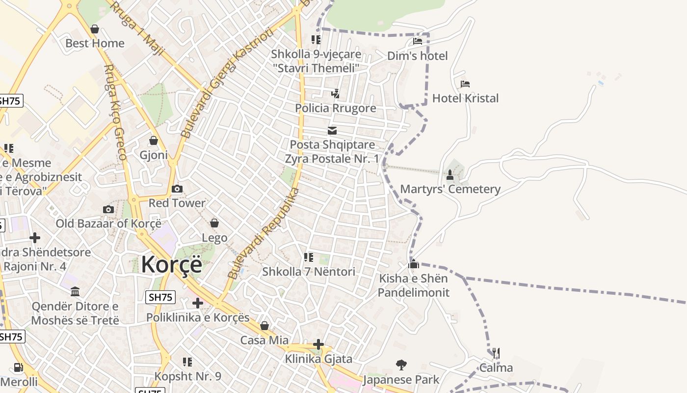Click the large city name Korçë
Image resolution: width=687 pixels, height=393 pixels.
171,265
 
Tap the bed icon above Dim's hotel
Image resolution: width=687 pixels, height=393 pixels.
418,41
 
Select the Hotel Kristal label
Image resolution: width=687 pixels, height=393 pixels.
465,98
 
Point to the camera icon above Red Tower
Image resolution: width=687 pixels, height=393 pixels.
177,189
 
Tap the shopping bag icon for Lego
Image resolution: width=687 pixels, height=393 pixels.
214,224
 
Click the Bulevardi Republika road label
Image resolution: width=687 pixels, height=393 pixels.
264,233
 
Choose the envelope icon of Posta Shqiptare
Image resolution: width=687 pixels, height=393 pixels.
332,131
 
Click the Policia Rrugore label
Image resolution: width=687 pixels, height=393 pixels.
336,108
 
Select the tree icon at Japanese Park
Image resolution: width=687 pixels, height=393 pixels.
401,365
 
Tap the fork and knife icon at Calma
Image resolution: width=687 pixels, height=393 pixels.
496,353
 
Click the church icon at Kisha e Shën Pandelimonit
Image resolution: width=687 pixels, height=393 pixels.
414,264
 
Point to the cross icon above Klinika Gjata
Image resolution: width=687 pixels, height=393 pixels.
318,344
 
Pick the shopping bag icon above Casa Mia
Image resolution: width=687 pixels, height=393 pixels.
264,326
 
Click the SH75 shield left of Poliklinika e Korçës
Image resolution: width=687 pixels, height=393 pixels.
160,297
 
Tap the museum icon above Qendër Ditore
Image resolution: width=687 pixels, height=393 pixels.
75,292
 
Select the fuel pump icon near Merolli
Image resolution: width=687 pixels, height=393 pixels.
18,367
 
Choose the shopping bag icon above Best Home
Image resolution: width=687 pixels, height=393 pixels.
95,29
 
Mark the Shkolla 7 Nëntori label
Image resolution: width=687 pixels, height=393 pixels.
309,272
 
